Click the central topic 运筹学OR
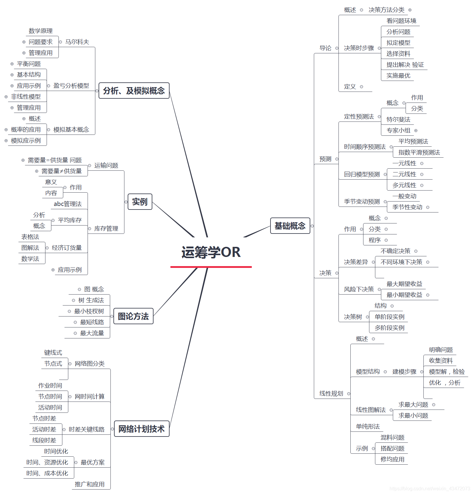pyautogui.click(x=211, y=252)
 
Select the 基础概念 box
pyautogui.click(x=290, y=226)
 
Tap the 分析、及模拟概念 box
pyautogui.click(x=134, y=91)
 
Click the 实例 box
pyautogui.click(x=140, y=202)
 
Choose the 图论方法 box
pyautogui.click(x=133, y=316)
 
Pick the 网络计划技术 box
pyautogui.click(x=141, y=429)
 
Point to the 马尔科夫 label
pyautogui.click(x=77, y=42)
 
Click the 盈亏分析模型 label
pyautogui.click(x=71, y=86)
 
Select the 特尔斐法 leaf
pyautogui.click(x=398, y=119)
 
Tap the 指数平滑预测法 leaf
pyautogui.click(x=419, y=152)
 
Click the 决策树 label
pyautogui.click(x=353, y=317)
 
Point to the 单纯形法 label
pyautogui.click(x=368, y=426)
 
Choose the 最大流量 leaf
pyautogui.click(x=92, y=333)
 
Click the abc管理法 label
pyautogui.click(x=68, y=204)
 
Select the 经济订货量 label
pyautogui.click(x=67, y=248)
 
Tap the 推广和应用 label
pyautogui.click(x=90, y=484)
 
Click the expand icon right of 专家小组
pyautogui.click(x=416, y=130)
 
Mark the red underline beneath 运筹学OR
pyautogui.click(x=211, y=267)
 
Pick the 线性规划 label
pyautogui.click(x=331, y=394)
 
